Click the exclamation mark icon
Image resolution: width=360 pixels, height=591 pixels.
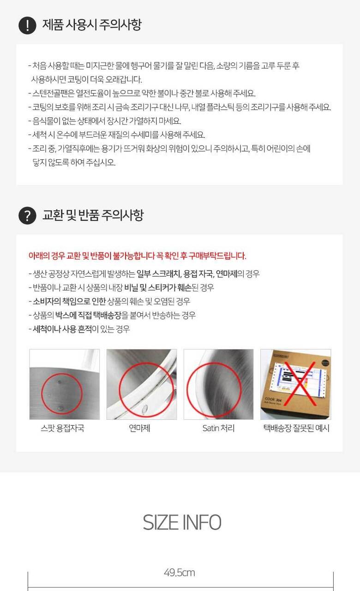coord(27,25)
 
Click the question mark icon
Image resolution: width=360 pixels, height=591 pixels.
coord(27,216)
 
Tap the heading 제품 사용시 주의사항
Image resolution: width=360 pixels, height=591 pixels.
coord(92,25)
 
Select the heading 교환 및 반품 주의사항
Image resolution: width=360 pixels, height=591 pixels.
coord(93,215)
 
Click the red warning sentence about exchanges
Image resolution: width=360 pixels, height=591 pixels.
coord(137,256)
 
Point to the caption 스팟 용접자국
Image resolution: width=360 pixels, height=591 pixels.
coord(62,428)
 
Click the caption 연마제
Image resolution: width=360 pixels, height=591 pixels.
coord(139,428)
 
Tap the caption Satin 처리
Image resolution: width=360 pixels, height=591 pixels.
coord(218,428)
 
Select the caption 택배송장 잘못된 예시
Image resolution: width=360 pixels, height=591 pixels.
coord(296,428)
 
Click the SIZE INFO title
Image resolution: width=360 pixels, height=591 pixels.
coord(182,522)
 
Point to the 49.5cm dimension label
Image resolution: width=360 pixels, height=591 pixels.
coord(180,573)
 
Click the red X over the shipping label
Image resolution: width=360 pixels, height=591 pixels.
coord(300,384)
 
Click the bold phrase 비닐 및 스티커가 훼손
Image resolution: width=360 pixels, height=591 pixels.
coord(158,287)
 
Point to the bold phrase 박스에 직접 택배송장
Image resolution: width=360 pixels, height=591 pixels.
coord(88,315)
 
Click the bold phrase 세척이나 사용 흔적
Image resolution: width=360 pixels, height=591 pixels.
coord(62,329)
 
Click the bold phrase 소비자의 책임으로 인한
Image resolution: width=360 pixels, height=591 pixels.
coord(69,302)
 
